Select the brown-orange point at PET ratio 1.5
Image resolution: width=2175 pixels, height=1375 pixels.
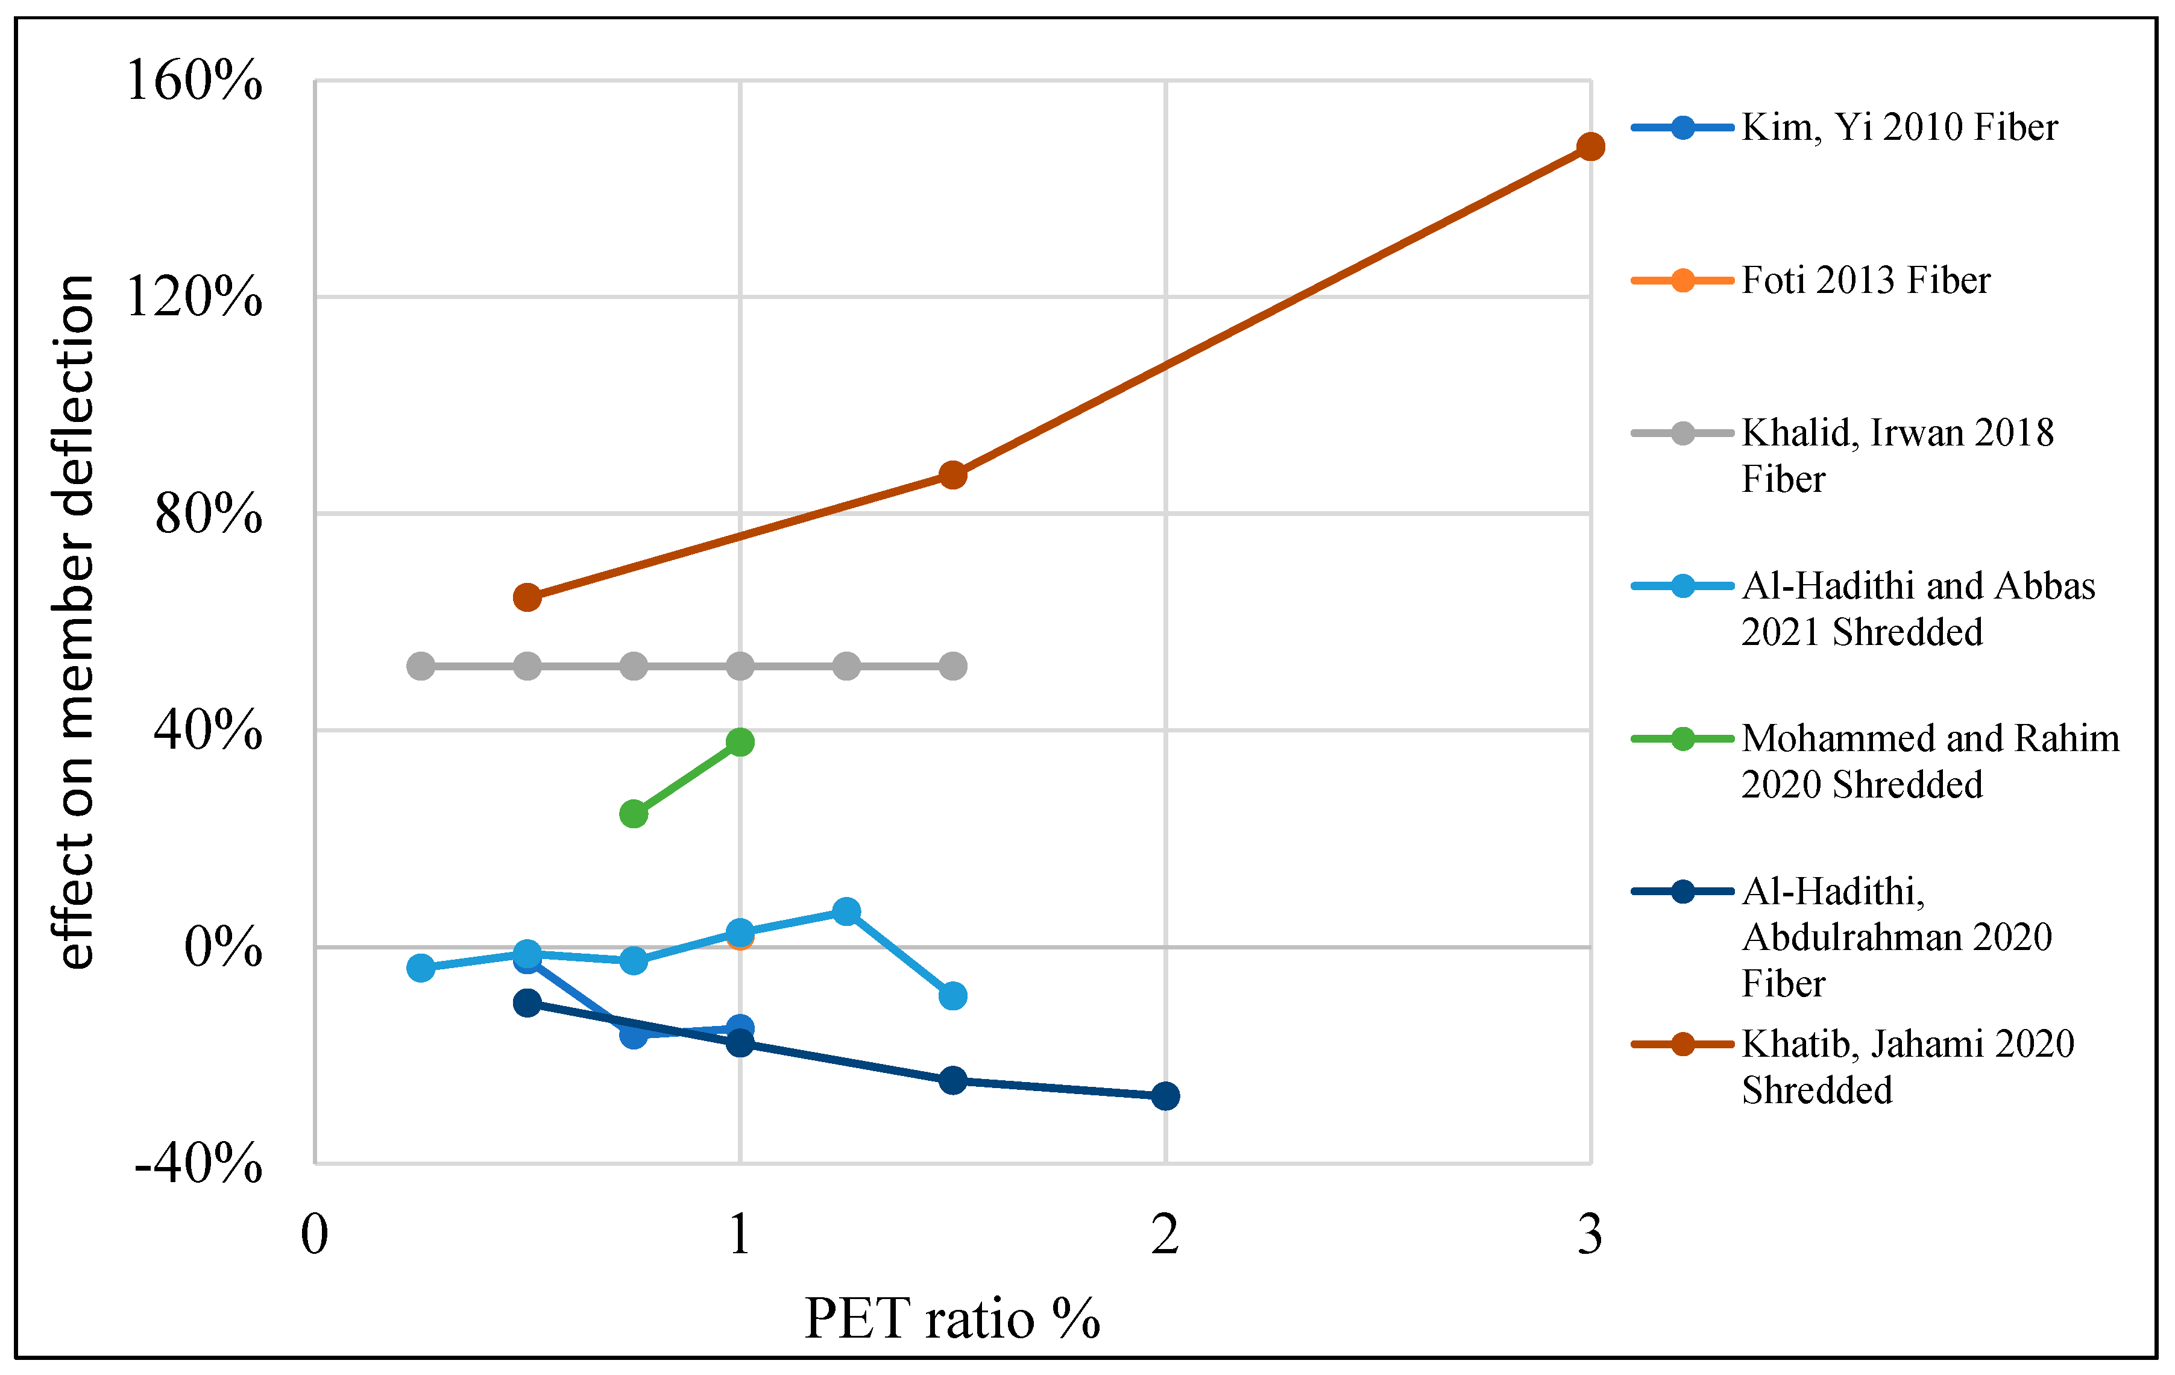click(952, 475)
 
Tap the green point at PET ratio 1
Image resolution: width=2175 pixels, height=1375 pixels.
click(740, 741)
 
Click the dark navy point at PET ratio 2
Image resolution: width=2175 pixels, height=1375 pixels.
click(1165, 1096)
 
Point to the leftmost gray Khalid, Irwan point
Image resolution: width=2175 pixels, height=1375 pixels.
click(421, 667)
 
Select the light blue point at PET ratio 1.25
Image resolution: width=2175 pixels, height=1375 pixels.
click(846, 911)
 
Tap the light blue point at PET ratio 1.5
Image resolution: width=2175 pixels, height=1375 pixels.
click(952, 996)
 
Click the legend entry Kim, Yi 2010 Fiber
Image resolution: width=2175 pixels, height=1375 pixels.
click(1899, 127)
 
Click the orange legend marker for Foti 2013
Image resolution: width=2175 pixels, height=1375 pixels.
click(1682, 280)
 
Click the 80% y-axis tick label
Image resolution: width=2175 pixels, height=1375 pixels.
click(208, 514)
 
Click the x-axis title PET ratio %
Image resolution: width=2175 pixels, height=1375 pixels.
click(952, 1319)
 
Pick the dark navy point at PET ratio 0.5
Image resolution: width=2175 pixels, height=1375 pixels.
click(527, 1003)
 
